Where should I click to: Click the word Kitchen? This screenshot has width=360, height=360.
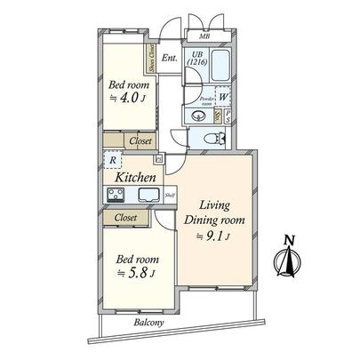point(133,177)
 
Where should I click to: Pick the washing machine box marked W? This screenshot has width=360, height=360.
point(223,99)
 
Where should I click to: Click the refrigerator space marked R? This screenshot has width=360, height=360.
point(112,161)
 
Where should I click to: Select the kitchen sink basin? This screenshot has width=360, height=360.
point(148,196)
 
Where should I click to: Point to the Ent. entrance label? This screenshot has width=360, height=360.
point(170,60)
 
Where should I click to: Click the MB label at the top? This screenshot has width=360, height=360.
point(204,36)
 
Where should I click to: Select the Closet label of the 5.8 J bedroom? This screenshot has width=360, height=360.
point(124,216)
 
